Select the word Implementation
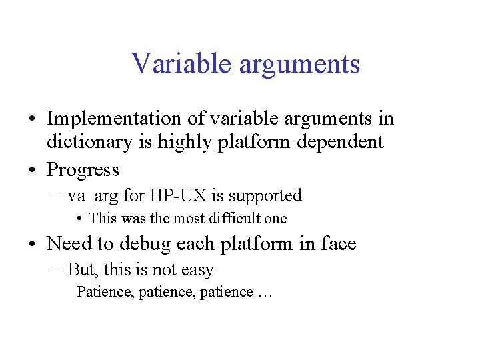114,119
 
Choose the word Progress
83,171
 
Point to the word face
337,244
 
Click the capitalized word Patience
105,292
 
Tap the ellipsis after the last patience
265,293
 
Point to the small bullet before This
79,219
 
